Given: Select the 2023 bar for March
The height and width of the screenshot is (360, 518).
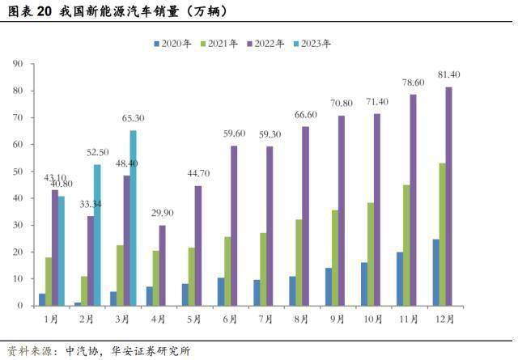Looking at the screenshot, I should pyautogui.click(x=133, y=218).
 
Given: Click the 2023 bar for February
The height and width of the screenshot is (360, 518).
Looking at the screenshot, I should pyautogui.click(x=96, y=235).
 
